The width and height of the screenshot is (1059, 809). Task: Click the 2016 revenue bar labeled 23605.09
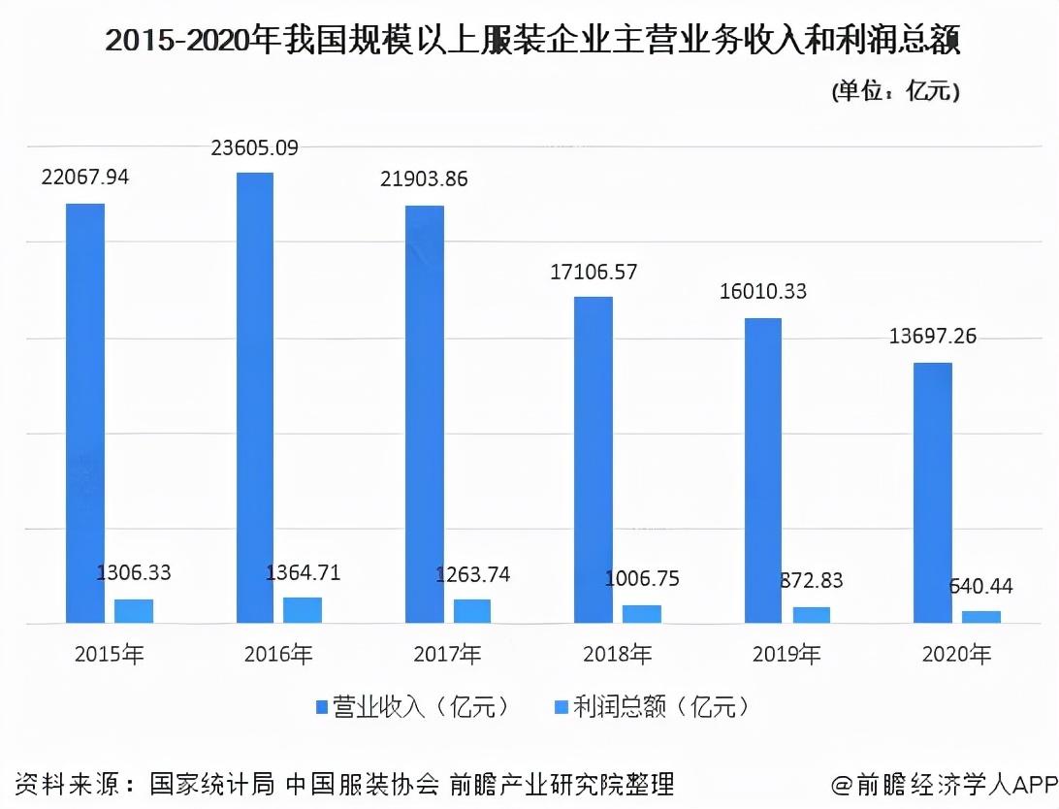pos(254,398)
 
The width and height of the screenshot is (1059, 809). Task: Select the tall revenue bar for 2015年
pos(84,413)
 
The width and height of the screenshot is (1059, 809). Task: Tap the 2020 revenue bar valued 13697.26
pos(933,493)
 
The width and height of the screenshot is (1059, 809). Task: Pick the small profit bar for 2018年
pos(642,614)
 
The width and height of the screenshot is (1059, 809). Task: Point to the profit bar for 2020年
pos(981,617)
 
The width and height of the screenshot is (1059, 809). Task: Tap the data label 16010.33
pos(763,291)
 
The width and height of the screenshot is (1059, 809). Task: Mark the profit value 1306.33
pos(134,572)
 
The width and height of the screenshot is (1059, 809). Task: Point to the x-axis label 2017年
pos(447,655)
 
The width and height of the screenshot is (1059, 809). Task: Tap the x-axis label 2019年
pos(786,655)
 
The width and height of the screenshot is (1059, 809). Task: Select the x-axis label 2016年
pos(277,655)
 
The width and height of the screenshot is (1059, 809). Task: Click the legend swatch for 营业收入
pos(322,707)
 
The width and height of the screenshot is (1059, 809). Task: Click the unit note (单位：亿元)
pos(895,91)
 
